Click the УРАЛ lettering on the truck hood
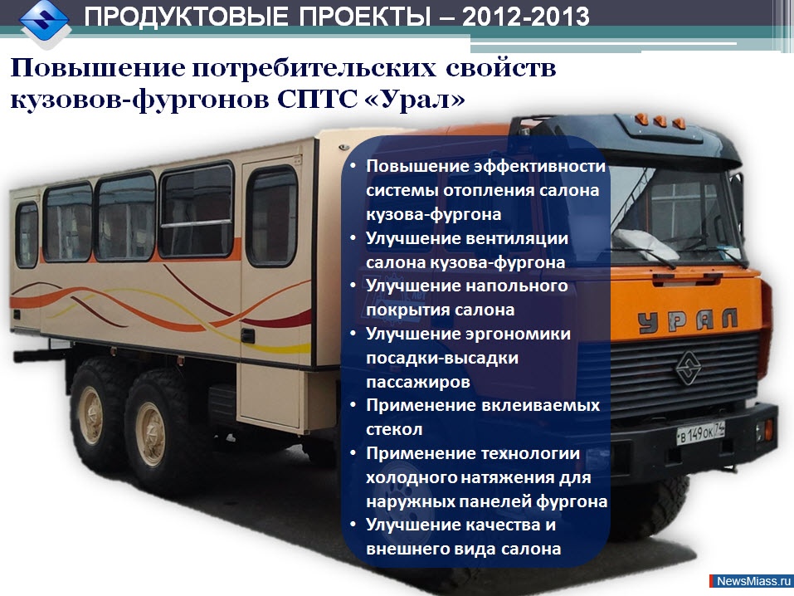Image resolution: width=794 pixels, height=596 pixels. (x=689, y=320)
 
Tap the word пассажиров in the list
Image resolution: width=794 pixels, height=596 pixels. (x=418, y=382)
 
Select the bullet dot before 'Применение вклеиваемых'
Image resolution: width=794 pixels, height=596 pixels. (x=353, y=407)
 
